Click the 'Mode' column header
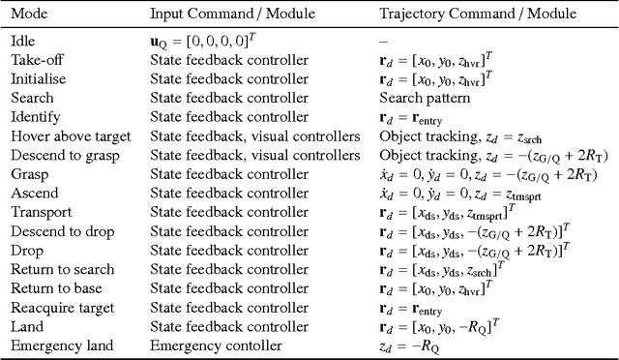(30, 15)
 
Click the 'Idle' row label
(22, 42)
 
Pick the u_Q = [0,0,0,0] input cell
(206, 42)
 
